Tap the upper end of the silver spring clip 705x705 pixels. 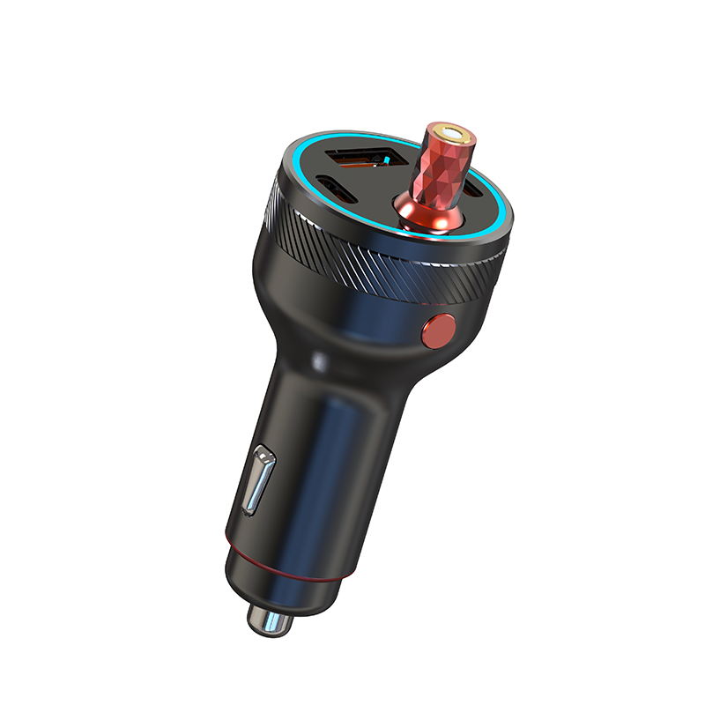[264, 456]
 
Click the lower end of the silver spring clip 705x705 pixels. [249, 508]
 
